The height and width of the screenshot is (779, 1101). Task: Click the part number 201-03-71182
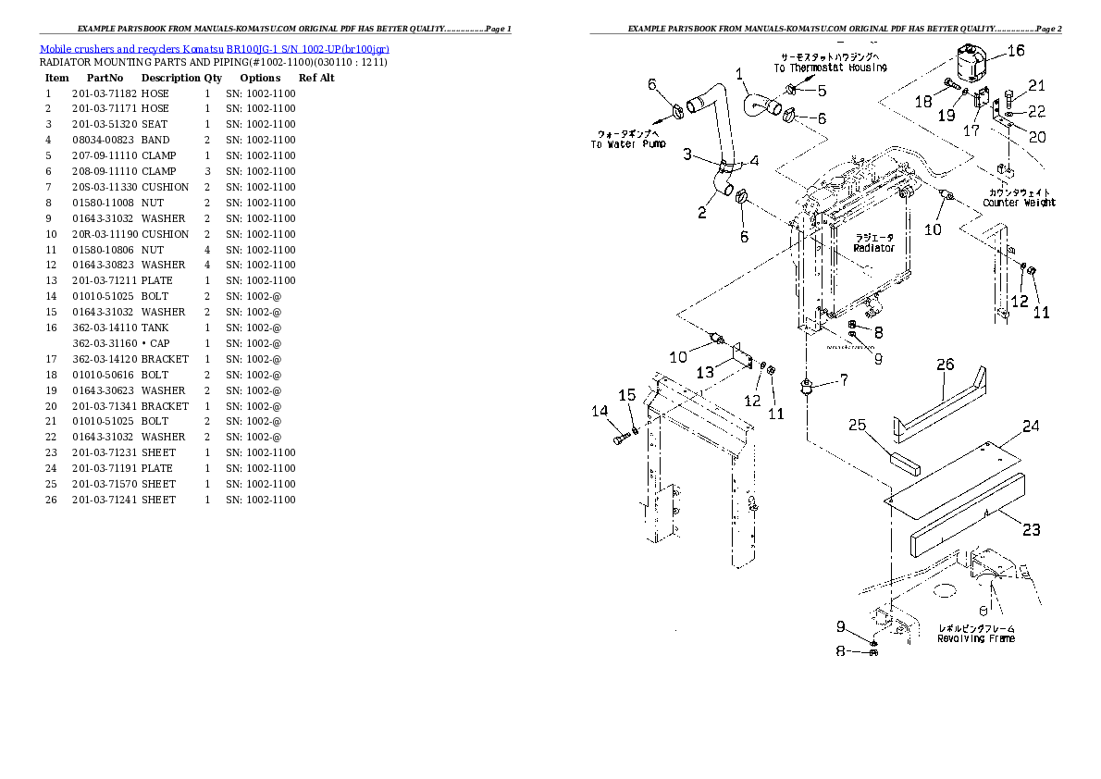pos(104,93)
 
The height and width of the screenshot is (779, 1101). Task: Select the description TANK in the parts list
pos(155,328)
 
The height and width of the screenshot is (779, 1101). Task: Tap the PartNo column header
pos(104,78)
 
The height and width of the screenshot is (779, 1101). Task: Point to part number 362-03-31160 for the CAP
pos(104,343)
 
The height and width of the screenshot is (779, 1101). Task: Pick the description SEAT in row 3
pos(154,125)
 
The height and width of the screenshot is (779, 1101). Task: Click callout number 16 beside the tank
pos(1016,52)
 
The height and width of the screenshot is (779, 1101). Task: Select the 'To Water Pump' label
pos(628,144)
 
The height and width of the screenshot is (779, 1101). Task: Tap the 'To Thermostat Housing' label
pos(830,68)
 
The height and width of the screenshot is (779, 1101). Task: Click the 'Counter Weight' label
pos(1019,203)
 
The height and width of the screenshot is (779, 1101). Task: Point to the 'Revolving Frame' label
pos(975,638)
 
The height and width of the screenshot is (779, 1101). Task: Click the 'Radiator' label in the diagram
pos(873,248)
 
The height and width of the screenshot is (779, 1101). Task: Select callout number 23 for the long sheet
pos(1031,529)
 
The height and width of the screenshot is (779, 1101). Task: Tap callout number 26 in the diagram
pos(944,365)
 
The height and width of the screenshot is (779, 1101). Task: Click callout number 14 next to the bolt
pos(600,411)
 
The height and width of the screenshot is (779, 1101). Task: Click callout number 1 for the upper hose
pos(739,73)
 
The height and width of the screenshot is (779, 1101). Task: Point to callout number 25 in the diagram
pos(857,425)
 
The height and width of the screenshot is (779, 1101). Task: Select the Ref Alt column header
pos(315,78)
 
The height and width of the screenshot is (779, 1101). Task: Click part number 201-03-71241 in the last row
pos(104,500)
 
